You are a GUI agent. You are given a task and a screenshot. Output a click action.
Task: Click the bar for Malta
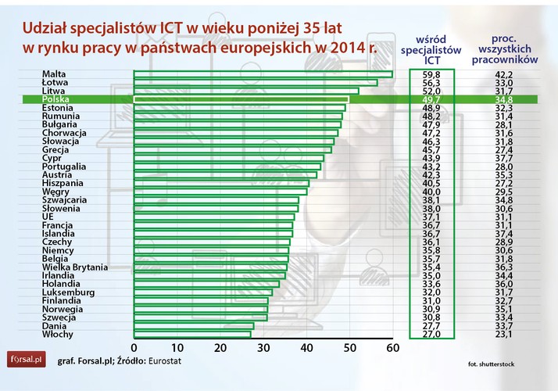coord(263,74)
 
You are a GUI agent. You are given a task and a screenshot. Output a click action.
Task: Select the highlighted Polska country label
coord(59,100)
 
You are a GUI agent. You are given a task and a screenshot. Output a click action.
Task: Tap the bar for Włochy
coord(195,334)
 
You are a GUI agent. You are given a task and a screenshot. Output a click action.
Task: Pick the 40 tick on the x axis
coord(306,347)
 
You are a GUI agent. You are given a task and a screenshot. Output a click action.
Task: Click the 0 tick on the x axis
coord(134,347)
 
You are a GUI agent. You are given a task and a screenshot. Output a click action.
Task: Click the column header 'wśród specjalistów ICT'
coord(436,48)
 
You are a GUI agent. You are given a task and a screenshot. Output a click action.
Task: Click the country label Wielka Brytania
coord(75,267)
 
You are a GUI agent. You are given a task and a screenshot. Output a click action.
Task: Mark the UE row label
coord(49,217)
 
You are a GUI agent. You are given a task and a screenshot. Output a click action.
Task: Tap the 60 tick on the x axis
coord(392,347)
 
